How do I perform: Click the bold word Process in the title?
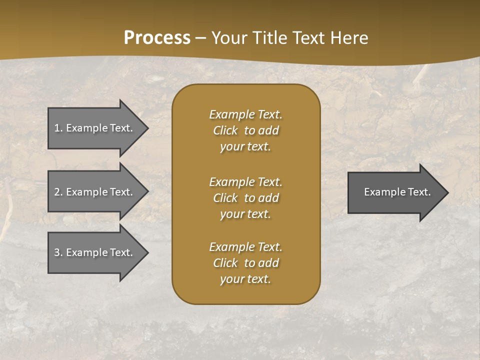pyautogui.click(x=157, y=38)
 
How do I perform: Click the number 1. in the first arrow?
pyautogui.click(x=58, y=128)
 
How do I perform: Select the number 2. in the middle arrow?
pyautogui.click(x=58, y=192)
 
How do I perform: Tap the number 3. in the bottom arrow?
pyautogui.click(x=58, y=252)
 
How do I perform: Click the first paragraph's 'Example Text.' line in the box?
pyautogui.click(x=245, y=114)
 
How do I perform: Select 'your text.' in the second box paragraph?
pyautogui.click(x=245, y=214)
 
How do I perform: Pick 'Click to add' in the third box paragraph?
pyautogui.click(x=245, y=263)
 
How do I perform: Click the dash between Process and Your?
pyautogui.click(x=200, y=38)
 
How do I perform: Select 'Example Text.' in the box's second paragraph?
pyautogui.click(x=245, y=182)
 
